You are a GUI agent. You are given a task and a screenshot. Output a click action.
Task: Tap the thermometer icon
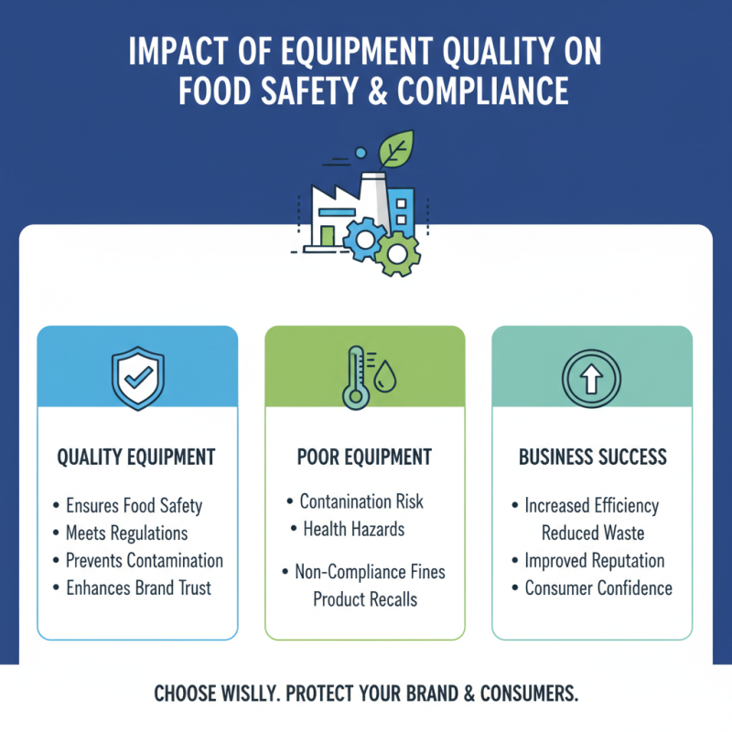click(x=353, y=376)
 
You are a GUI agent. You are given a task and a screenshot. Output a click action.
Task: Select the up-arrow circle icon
click(x=591, y=376)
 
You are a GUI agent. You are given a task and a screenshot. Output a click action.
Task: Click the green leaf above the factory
click(x=397, y=148)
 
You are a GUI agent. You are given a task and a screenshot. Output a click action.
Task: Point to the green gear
click(x=397, y=253)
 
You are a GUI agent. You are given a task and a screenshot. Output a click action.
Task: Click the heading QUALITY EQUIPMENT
click(x=136, y=457)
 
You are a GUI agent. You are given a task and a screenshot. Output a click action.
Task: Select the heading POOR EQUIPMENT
click(x=364, y=457)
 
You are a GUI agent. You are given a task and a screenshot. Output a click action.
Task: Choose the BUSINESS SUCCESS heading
click(x=592, y=457)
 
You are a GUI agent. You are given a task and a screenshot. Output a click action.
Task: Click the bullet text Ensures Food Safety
click(x=134, y=505)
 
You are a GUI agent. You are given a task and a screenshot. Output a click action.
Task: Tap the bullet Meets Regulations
click(x=126, y=533)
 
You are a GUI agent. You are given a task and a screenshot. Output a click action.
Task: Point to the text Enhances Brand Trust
click(x=138, y=588)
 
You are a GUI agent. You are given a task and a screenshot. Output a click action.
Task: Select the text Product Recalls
click(x=365, y=599)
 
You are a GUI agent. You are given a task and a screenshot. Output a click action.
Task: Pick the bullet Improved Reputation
click(x=595, y=560)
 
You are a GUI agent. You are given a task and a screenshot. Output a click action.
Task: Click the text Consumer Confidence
click(x=598, y=588)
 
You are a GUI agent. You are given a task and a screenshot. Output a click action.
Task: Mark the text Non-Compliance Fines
click(x=370, y=572)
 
